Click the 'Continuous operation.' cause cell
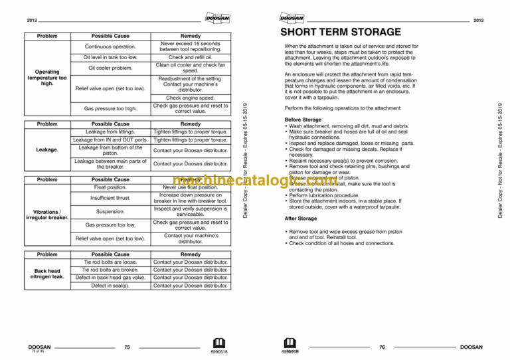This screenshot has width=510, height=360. (x=110, y=46)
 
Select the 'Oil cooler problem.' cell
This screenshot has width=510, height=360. (x=110, y=68)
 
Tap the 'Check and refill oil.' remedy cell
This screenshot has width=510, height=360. (x=190, y=58)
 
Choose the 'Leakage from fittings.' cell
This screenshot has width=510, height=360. (x=110, y=132)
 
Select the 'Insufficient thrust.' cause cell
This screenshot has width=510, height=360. (x=110, y=198)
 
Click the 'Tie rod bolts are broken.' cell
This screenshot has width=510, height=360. (x=110, y=270)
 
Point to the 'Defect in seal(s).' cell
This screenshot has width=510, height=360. (x=110, y=286)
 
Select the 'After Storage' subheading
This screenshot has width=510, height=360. (x=301, y=218)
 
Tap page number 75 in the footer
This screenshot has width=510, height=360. (x=127, y=347)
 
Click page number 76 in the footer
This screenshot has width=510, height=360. (x=382, y=347)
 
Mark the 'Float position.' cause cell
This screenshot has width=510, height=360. (x=110, y=187)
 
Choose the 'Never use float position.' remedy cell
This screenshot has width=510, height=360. (x=190, y=187)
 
